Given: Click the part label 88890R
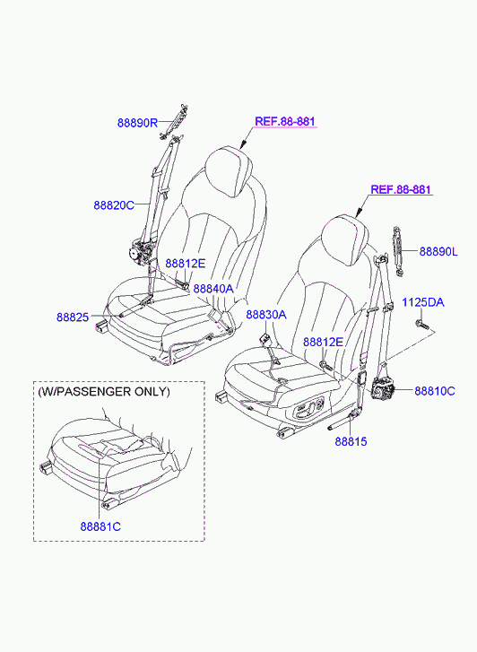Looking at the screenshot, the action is (x=138, y=123).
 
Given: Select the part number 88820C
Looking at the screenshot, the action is (x=114, y=205).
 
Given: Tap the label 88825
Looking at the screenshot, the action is (x=73, y=317).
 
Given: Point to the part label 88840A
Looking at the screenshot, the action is (x=213, y=289).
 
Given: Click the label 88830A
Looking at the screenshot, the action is (x=266, y=315).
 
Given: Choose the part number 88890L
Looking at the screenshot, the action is (x=438, y=252).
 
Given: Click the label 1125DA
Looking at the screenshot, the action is (x=423, y=302).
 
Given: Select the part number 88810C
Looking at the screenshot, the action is (x=435, y=391).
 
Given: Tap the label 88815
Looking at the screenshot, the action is (x=351, y=441).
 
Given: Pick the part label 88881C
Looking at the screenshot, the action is (x=100, y=526).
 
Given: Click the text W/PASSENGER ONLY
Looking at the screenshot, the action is (x=104, y=392).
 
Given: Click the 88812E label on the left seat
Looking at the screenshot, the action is (x=186, y=263).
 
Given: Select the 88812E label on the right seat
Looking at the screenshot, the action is (x=323, y=342).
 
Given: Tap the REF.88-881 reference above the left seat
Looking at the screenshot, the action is (x=285, y=121).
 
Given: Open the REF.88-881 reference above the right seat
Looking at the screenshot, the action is (x=401, y=189).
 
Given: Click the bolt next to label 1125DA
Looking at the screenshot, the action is (x=421, y=325).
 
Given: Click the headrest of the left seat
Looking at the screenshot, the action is (x=230, y=170).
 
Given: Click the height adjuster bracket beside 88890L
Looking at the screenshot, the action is (x=397, y=251).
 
